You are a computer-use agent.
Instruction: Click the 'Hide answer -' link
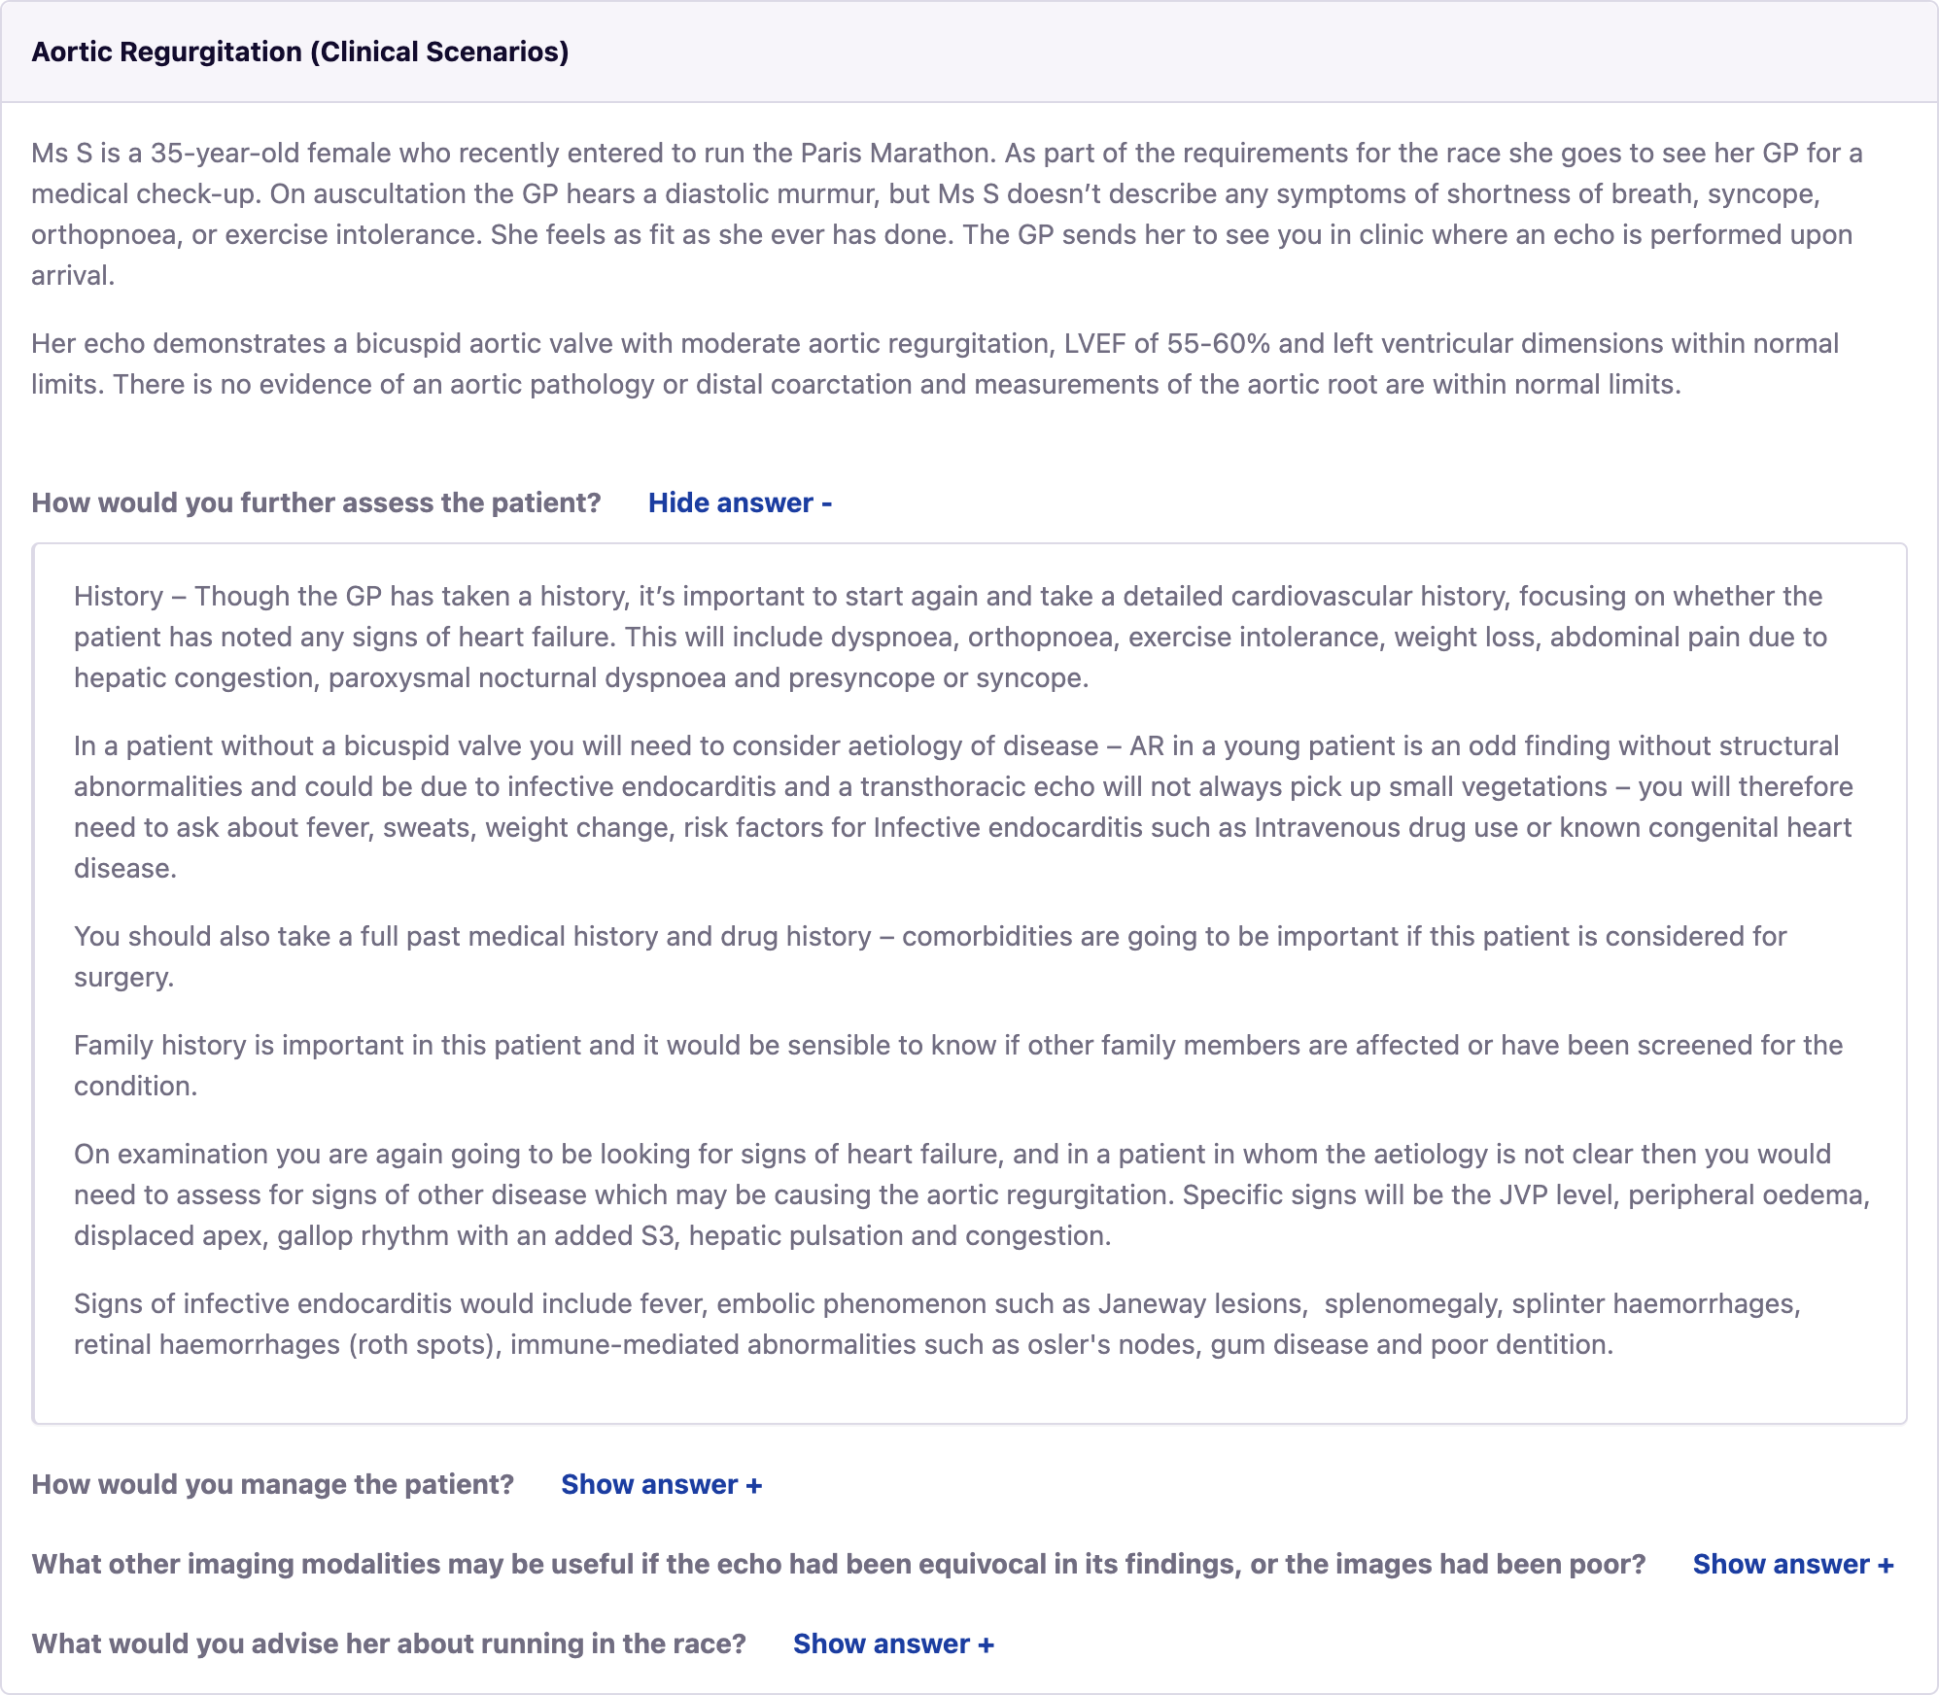(x=740, y=502)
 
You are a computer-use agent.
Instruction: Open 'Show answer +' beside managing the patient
(x=661, y=1484)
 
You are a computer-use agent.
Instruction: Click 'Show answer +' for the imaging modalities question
(x=1792, y=1564)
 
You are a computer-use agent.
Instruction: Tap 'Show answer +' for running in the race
(x=893, y=1643)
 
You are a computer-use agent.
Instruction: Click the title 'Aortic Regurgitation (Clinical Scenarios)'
(x=300, y=52)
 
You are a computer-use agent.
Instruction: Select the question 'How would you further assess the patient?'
(x=316, y=502)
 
